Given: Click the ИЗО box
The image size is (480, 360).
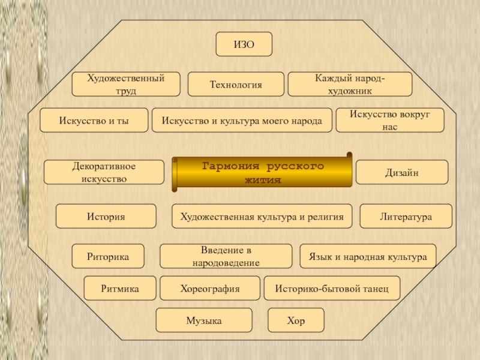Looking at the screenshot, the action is (x=244, y=44).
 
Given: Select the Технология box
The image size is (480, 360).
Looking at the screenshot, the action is (x=236, y=85).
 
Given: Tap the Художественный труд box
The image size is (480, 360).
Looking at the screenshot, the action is (x=126, y=85).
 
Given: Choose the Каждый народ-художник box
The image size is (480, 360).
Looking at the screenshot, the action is (x=350, y=85).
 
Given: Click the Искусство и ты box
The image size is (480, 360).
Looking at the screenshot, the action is (x=94, y=120).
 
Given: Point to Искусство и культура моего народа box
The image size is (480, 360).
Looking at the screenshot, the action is (x=242, y=120).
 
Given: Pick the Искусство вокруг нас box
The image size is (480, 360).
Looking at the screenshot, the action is (x=390, y=120).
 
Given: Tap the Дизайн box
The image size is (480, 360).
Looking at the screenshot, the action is (x=402, y=172).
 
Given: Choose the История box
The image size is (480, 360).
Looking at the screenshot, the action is (x=106, y=217).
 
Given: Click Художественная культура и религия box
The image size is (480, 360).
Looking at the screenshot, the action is (x=262, y=217).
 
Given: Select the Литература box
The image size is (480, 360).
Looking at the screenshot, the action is (x=406, y=217).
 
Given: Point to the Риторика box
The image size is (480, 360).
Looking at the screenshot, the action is (x=108, y=256).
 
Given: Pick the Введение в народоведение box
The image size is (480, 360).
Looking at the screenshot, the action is (x=226, y=256).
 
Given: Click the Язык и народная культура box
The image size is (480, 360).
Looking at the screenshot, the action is (x=368, y=256).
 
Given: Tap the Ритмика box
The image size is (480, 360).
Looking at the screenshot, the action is (x=120, y=289).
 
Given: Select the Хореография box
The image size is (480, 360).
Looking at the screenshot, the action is (x=210, y=289).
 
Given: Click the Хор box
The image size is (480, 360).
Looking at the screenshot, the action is (x=296, y=320).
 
